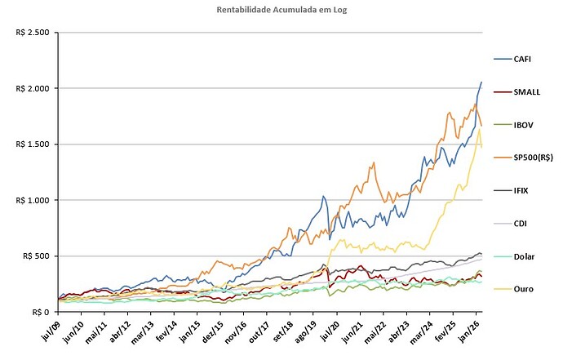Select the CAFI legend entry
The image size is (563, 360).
coord(523,60)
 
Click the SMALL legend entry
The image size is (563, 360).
coord(525,92)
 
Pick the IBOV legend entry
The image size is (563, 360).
coord(523,125)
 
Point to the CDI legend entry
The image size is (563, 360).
coord(521,223)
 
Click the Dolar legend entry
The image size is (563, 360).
coord(524,256)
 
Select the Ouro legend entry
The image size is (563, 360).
coord(523,288)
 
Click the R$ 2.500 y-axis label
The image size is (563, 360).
coord(32,33)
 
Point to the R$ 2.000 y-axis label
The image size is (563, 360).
coord(32,88)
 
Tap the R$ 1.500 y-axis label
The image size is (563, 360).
coord(32,144)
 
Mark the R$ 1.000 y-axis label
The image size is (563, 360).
coord(32,200)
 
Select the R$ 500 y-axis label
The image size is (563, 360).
coord(35,256)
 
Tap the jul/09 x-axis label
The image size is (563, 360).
coord(51,330)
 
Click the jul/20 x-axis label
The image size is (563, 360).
coord(332,330)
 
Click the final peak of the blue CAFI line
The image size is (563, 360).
coord(481,82)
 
